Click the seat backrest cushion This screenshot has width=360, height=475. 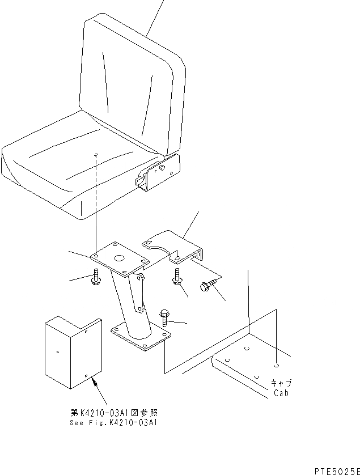point(133,85)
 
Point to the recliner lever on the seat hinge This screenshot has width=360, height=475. point(139,181)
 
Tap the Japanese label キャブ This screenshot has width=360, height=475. point(281,383)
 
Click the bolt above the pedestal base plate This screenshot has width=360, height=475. point(165,317)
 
